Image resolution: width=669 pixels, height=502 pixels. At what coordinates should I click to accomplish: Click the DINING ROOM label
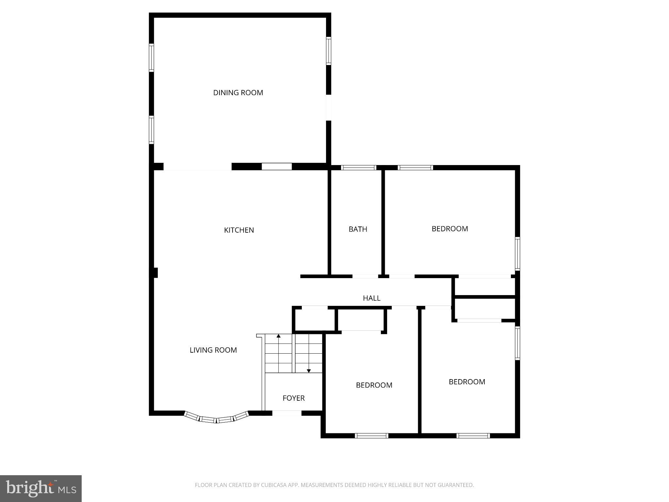pos(238,92)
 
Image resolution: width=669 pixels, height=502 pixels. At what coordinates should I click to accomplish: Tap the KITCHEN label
pos(239,230)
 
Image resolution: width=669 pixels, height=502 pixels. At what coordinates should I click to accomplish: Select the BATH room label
pos(358,229)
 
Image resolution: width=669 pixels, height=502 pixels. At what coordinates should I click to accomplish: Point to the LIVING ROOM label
pos(213,350)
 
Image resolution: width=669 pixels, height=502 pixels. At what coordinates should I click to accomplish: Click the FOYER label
pos(293,398)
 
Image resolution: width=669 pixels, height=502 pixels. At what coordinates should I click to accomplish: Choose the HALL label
pos(371,298)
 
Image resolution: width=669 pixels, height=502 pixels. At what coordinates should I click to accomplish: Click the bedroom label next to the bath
pos(449,229)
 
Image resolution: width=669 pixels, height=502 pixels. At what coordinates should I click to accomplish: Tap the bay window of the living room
pos(216,419)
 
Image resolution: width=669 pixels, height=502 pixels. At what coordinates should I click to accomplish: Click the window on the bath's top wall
pos(358,168)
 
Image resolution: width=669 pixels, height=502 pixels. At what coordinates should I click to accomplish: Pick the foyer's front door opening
pos(286,413)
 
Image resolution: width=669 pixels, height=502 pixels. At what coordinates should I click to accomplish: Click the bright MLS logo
pos(41,489)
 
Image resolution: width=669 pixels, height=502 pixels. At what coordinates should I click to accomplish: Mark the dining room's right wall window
pos(328,51)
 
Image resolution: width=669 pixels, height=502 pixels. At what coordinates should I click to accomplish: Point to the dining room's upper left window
pos(151,58)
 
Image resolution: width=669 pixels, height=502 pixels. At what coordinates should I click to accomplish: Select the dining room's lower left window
pos(151,130)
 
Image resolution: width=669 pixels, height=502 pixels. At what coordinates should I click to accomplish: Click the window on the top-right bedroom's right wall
pos(517,254)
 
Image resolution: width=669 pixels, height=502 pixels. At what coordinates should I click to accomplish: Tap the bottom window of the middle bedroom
pos(371,436)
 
